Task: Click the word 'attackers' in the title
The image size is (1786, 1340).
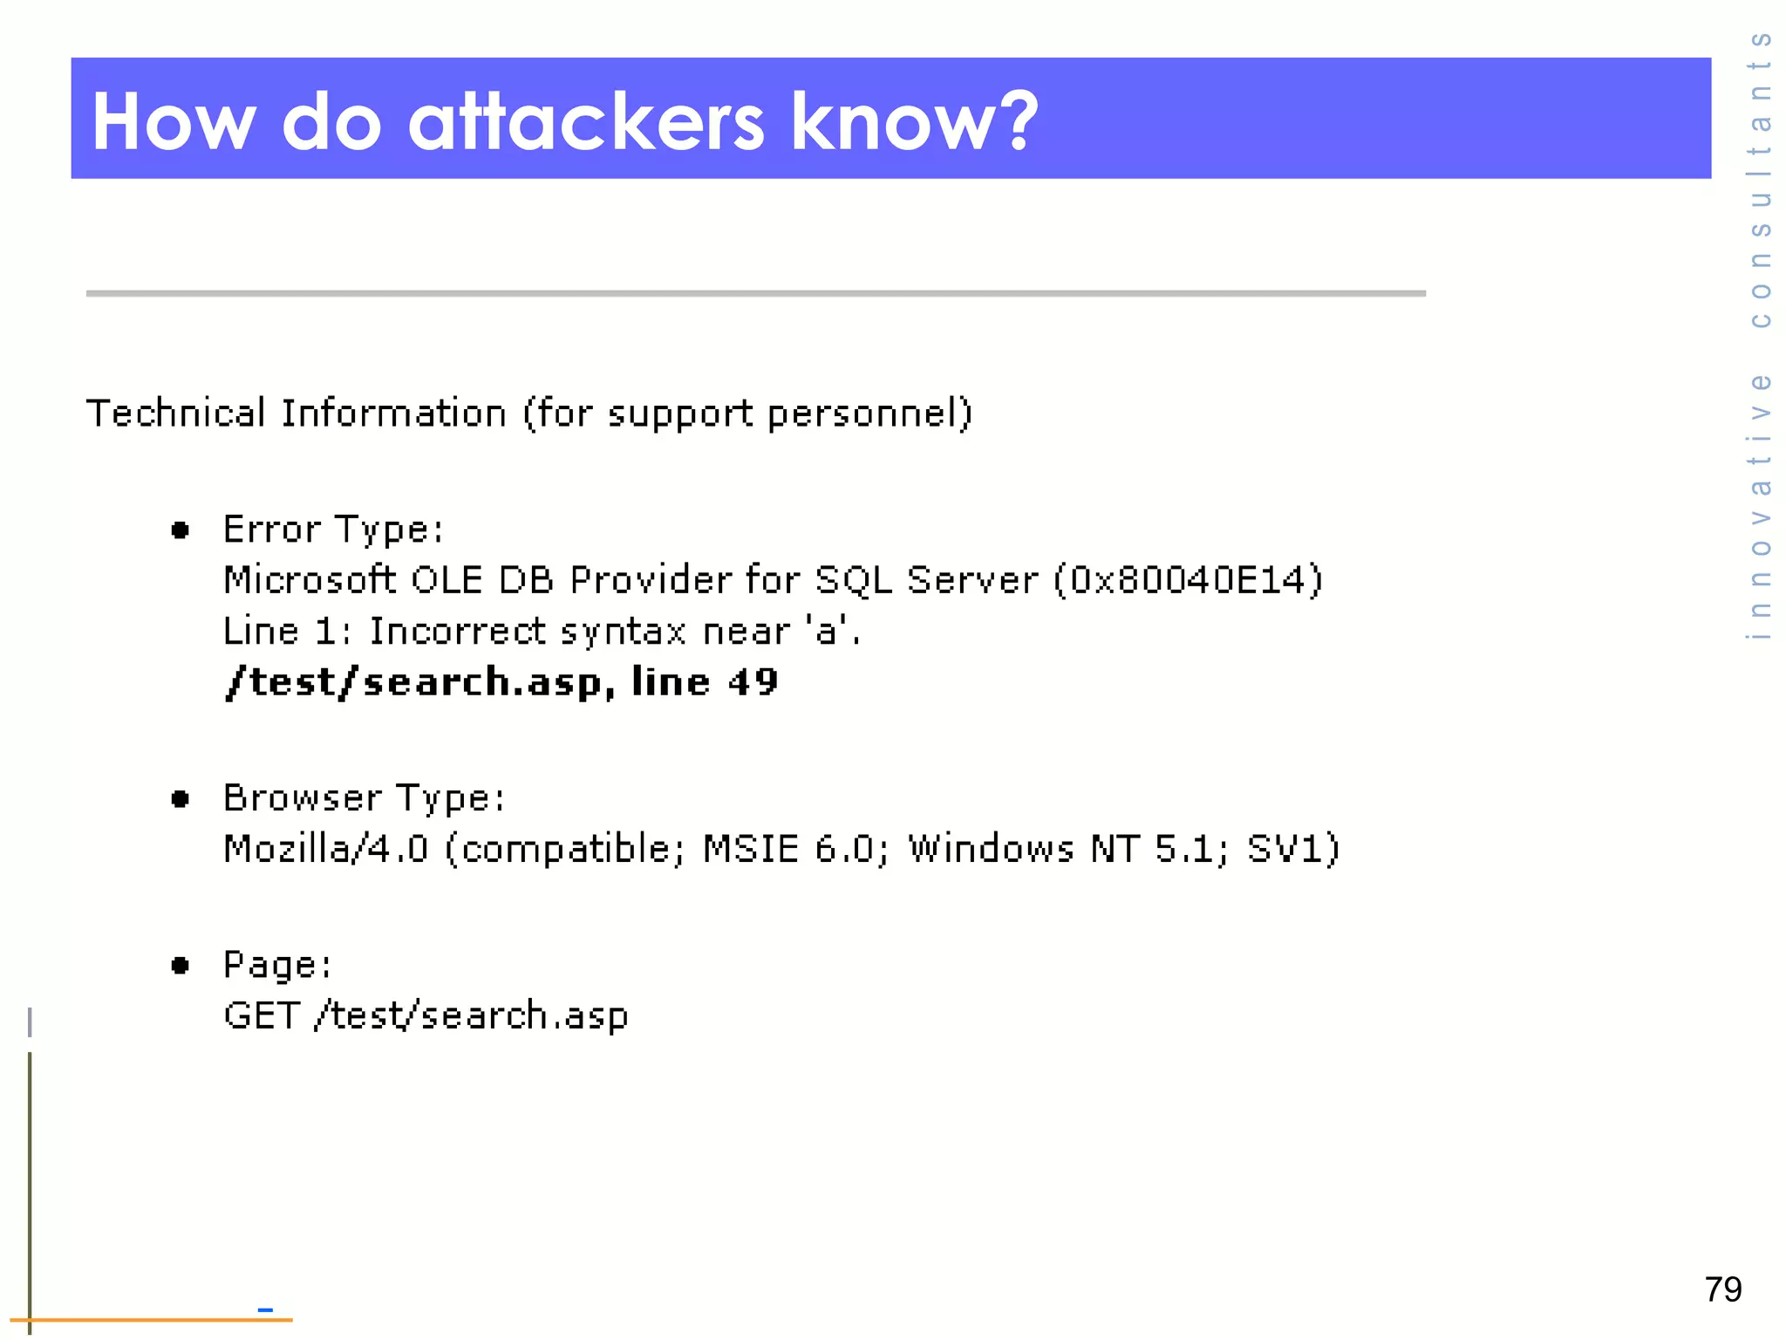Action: coord(586,122)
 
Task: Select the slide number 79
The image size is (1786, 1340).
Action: coord(1722,1289)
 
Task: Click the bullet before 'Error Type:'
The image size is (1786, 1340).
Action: coord(181,530)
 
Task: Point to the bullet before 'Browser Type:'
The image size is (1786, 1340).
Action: coord(181,798)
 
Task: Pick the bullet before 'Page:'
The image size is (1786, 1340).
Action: coord(181,965)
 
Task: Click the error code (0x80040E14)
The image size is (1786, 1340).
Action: coord(1188,580)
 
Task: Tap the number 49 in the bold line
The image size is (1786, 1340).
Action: coord(753,681)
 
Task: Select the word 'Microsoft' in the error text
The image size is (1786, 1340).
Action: coord(310,580)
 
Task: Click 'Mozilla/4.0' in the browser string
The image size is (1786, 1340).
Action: coord(326,849)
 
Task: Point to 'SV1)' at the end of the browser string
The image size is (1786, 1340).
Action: coord(1293,849)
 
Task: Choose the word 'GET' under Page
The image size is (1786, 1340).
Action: coord(262,1015)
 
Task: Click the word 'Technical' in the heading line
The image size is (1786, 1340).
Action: coord(175,413)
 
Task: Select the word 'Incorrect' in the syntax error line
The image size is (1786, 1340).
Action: coord(458,631)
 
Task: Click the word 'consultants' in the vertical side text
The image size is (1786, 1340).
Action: coord(1761,179)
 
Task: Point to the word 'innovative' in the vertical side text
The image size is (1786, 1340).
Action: coord(1761,506)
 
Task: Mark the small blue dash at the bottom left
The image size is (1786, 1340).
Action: coord(266,1309)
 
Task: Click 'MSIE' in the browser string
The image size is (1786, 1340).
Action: coord(751,849)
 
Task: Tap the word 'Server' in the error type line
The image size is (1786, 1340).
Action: coord(972,580)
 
